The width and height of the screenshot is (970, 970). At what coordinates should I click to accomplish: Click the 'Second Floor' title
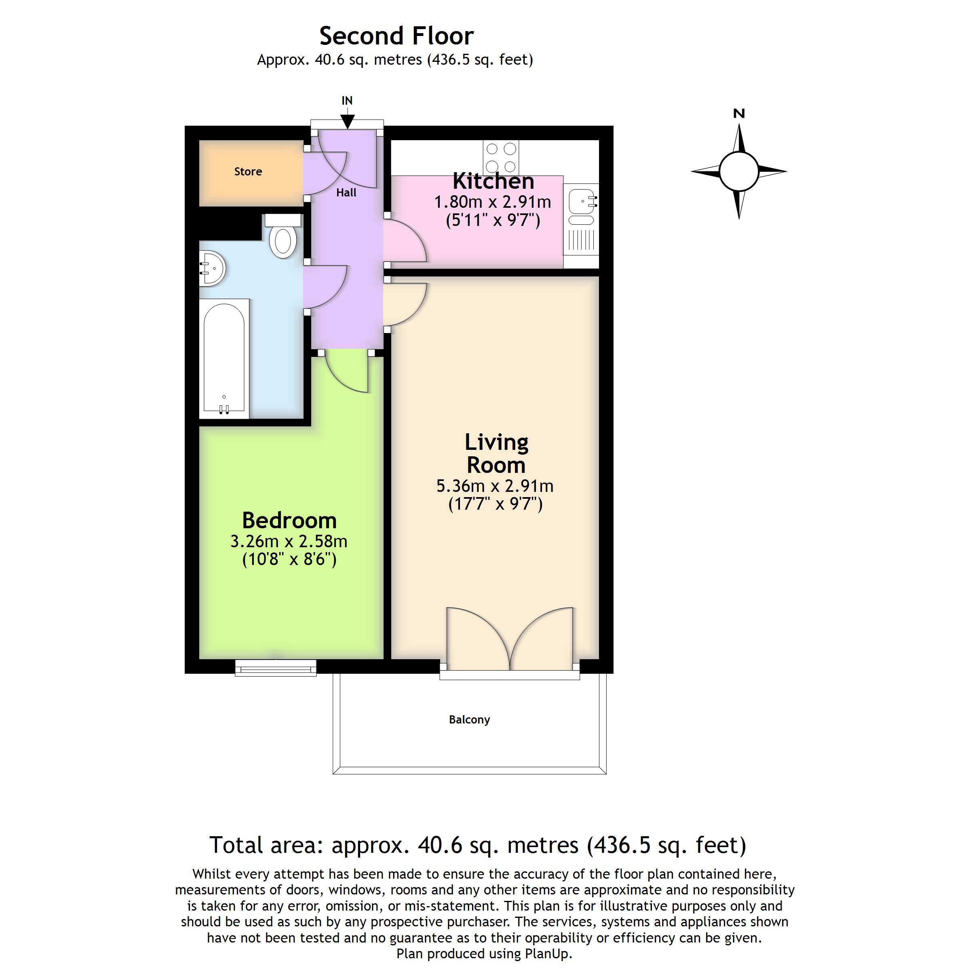pyautogui.click(x=396, y=36)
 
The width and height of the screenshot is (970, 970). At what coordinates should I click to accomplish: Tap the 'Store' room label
pyautogui.click(x=248, y=172)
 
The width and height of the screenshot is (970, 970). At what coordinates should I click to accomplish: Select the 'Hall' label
pyautogui.click(x=346, y=193)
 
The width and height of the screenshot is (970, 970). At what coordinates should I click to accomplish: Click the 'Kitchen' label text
pyautogui.click(x=493, y=181)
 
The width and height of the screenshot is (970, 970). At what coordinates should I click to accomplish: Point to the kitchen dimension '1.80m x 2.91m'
pyautogui.click(x=493, y=202)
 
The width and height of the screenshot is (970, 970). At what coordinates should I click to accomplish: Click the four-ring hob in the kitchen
pyautogui.click(x=501, y=158)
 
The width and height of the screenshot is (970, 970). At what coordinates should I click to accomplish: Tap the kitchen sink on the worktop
pyautogui.click(x=582, y=207)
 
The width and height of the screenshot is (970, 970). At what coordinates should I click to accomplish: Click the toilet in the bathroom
pyautogui.click(x=283, y=236)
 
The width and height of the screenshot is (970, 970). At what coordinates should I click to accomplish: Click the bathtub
pyautogui.click(x=224, y=358)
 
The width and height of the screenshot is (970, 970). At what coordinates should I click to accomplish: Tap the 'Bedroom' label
pyautogui.click(x=289, y=521)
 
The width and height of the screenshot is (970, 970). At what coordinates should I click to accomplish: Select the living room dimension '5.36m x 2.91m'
pyautogui.click(x=495, y=486)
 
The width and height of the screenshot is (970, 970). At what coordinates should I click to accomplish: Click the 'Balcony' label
pyautogui.click(x=469, y=719)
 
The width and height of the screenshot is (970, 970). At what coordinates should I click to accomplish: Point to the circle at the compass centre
pyautogui.click(x=738, y=171)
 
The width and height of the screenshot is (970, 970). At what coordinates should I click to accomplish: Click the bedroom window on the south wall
pyautogui.click(x=276, y=668)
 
